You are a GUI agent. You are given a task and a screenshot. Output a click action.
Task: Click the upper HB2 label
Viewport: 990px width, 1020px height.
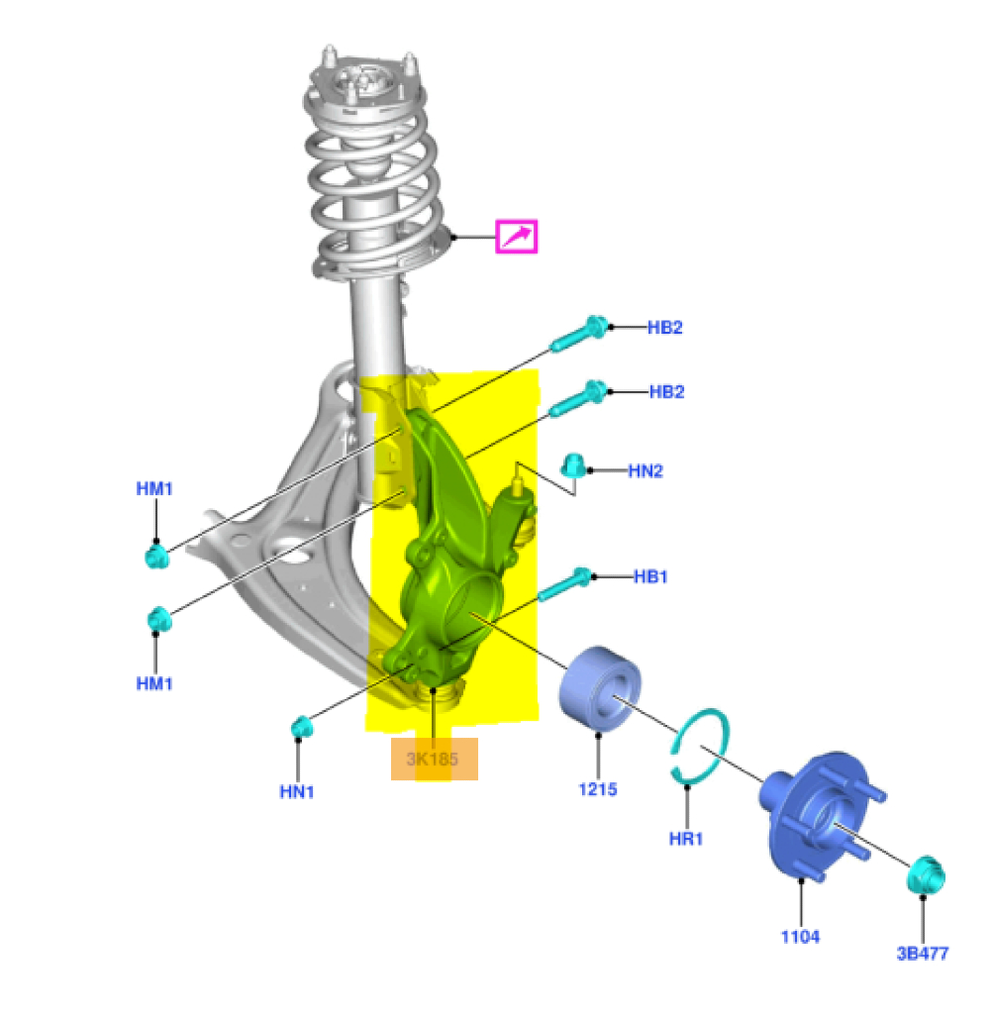(664, 327)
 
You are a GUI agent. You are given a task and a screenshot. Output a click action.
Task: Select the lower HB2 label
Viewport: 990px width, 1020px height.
(666, 391)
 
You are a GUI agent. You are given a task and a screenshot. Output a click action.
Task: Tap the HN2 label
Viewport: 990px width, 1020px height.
(645, 470)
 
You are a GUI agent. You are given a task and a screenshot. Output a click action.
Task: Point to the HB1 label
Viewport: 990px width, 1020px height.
(650, 576)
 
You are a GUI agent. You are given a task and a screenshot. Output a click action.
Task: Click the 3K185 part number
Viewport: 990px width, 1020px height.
(433, 759)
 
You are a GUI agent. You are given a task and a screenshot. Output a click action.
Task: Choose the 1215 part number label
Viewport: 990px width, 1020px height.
(598, 789)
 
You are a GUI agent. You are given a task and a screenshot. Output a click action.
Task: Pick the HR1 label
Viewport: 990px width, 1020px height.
(686, 839)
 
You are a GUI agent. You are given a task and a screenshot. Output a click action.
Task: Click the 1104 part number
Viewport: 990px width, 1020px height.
(800, 937)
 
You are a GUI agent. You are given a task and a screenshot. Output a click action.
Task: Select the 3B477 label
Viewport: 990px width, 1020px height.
(923, 954)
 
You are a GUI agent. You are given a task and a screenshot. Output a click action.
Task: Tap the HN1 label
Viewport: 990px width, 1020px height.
(297, 791)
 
